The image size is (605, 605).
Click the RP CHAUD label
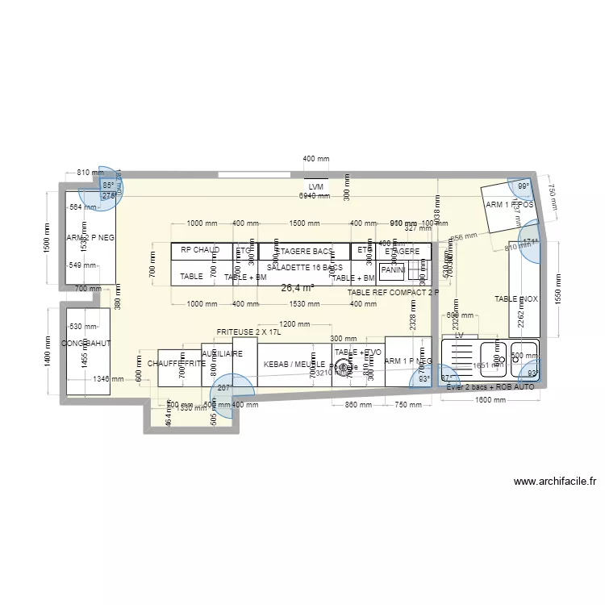200,250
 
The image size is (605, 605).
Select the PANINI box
392,270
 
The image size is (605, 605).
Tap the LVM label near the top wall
315,186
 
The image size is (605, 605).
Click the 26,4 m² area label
297,287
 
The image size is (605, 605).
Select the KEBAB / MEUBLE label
294,365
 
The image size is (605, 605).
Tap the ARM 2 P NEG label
90,237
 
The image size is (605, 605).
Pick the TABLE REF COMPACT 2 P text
393,292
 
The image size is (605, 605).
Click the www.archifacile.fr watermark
556,482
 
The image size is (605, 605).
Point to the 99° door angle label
524,186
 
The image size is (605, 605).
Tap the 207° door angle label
224,388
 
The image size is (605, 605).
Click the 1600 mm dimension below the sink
487,401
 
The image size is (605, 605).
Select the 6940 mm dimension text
315,196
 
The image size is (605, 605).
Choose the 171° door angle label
530,241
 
